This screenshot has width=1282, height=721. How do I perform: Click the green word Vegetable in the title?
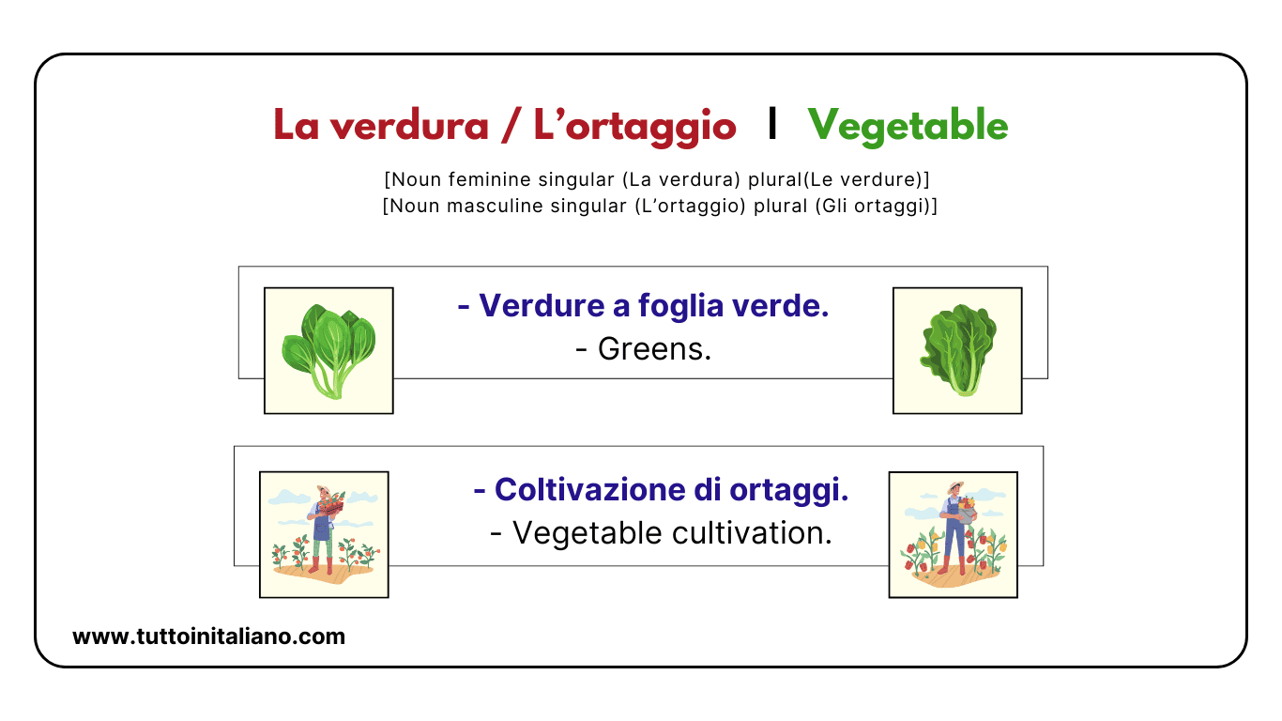click(908, 126)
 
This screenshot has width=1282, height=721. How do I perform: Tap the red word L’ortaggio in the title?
click(634, 126)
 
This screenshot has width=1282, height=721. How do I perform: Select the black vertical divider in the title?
click(771, 124)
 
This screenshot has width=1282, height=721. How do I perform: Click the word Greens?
click(654, 349)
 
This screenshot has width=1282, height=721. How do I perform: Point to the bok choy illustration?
click(328, 350)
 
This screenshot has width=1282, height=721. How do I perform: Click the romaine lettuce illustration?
click(957, 350)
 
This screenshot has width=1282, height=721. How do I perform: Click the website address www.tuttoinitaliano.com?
click(208, 637)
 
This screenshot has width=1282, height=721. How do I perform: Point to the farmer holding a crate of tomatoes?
click(324, 530)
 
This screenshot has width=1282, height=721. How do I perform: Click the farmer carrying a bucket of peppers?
click(954, 530)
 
